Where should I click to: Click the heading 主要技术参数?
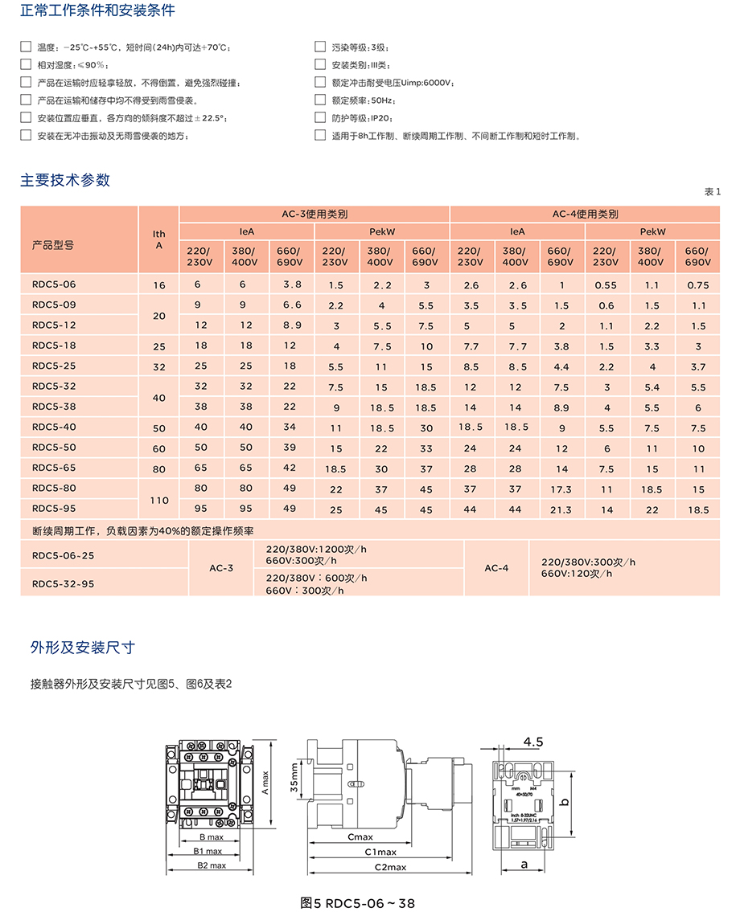65,180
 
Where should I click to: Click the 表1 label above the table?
713,191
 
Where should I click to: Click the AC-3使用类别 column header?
314,215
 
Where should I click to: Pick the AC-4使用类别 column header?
585,215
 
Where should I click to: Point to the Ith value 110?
159,500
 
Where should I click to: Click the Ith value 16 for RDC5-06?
159,285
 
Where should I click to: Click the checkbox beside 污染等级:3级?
320,47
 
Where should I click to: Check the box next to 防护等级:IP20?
320,117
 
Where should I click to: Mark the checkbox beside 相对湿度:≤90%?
26,65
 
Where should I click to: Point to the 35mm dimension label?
295,778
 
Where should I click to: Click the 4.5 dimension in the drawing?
534,740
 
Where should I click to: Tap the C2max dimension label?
390,867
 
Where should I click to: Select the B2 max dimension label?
212,865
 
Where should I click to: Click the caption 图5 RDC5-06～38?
357,902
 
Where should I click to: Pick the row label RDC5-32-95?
63,584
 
